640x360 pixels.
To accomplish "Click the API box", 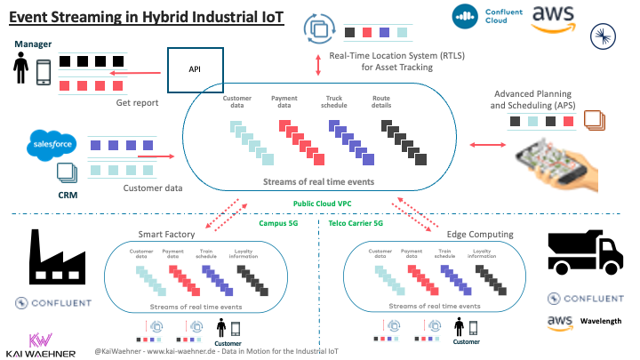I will pos(194,68).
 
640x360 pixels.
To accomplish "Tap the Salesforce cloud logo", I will pos(52,144).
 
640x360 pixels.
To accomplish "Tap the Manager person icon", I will pos(20,68).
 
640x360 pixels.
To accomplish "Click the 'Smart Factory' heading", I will pos(167,234).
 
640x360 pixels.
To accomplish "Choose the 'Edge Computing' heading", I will pos(481,234).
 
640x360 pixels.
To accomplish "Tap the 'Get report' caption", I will pos(137,102).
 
